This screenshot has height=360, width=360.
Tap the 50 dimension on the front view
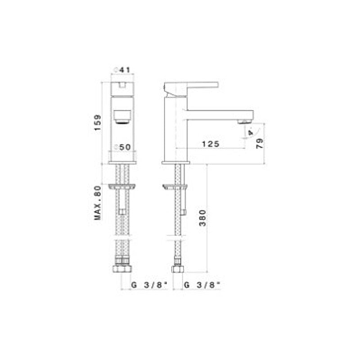(x=123, y=147)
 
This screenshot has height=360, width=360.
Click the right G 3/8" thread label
(x=202, y=284)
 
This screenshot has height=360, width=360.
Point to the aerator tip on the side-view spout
(x=245, y=121)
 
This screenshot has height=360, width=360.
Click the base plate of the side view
(x=176, y=162)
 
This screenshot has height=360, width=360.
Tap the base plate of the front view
(x=123, y=162)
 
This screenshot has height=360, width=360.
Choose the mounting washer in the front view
(x=122, y=185)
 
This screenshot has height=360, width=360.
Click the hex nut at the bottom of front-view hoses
(x=122, y=269)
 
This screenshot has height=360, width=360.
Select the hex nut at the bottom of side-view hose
(x=177, y=270)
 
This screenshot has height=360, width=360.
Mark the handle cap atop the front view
(x=123, y=87)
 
